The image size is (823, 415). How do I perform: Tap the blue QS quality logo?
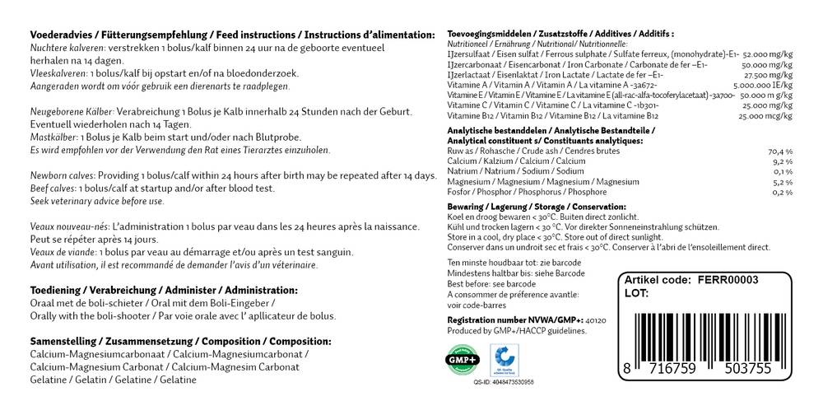coord(501,361)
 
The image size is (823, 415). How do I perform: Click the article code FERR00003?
coord(727,280)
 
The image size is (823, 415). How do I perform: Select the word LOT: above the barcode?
coord(638,292)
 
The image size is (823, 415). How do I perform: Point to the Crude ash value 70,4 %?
coord(779,152)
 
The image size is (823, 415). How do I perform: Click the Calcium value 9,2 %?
coord(781,161)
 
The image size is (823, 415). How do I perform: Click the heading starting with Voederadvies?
coord(231,35)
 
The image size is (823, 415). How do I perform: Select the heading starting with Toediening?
coord(163,291)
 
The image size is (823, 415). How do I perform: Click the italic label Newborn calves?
coord(63,175)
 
